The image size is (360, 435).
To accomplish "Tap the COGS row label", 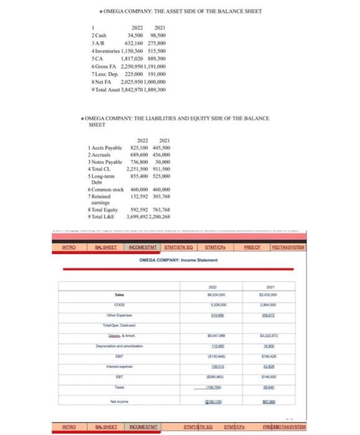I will pos(118,304).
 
